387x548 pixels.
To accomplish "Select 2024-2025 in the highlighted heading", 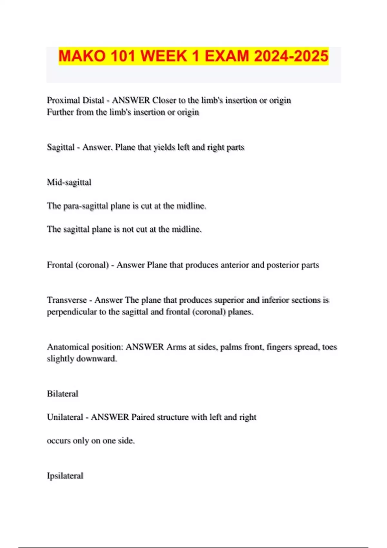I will (291, 56).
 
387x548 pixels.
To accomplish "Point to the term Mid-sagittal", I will (69, 182).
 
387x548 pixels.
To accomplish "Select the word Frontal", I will (60, 265).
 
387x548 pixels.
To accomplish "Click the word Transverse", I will (67, 300).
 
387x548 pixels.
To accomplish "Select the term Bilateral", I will (63, 394).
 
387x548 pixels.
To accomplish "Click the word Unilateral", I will (65, 417).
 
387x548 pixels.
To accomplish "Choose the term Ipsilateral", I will (65, 476).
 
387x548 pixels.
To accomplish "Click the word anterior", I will (234, 265).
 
